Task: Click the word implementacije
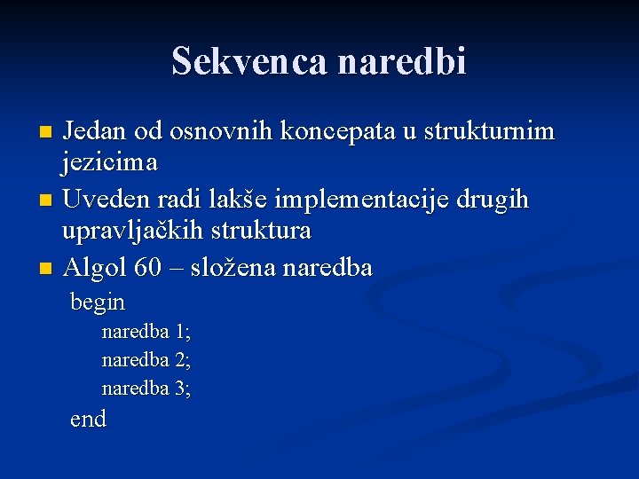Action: coord(366,200)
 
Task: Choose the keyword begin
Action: coord(98,303)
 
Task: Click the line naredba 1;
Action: coord(146,332)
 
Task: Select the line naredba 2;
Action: coord(146,360)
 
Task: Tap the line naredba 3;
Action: coord(146,389)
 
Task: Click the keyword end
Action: coord(88,419)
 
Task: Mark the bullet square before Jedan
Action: coord(47,133)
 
